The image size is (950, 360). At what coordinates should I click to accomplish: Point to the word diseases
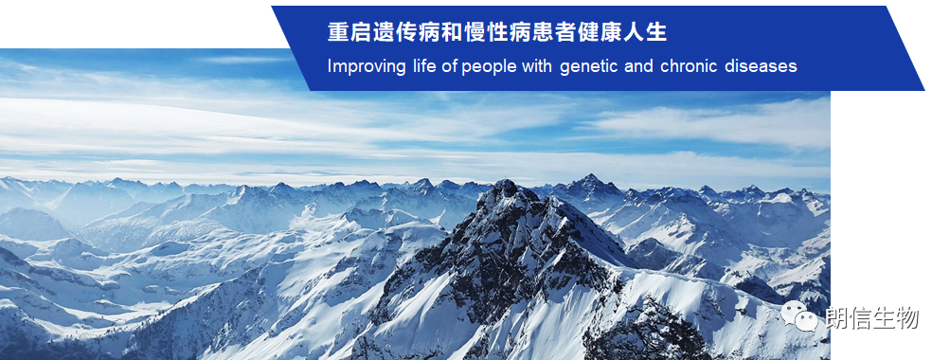coord(761,66)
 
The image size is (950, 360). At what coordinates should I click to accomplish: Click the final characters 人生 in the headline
coord(646,32)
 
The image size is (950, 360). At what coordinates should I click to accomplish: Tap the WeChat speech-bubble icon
coord(799,316)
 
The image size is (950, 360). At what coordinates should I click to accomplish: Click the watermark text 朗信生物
coord(871,317)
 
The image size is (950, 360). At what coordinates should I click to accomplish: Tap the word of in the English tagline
coord(449,66)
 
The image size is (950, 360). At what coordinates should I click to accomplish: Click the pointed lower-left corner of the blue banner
coord(311,90)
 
